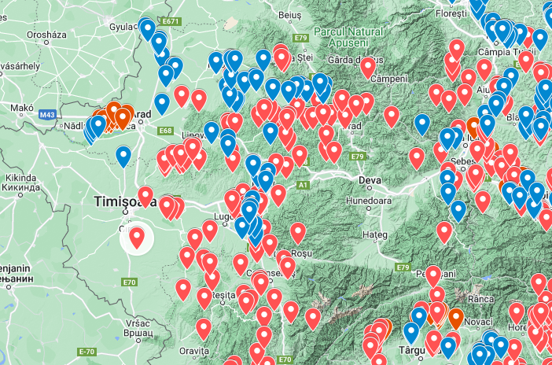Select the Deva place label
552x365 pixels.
click(x=369, y=181)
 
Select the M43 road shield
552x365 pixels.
click(x=47, y=116)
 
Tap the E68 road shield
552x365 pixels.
click(x=165, y=131)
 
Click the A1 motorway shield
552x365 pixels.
click(x=302, y=185)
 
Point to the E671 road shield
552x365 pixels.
click(x=172, y=20)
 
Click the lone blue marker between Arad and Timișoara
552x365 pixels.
click(x=123, y=156)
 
